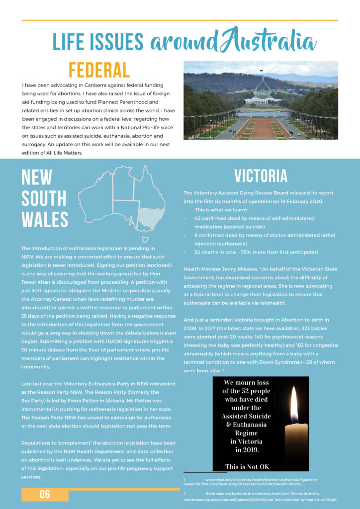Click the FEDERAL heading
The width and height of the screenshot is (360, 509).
[x=99, y=71]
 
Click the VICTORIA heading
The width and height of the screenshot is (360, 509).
[x=261, y=176]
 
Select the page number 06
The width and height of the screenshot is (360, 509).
[x=45, y=494]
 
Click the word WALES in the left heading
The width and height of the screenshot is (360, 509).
[x=45, y=219]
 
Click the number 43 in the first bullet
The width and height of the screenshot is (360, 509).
[x=197, y=218]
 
